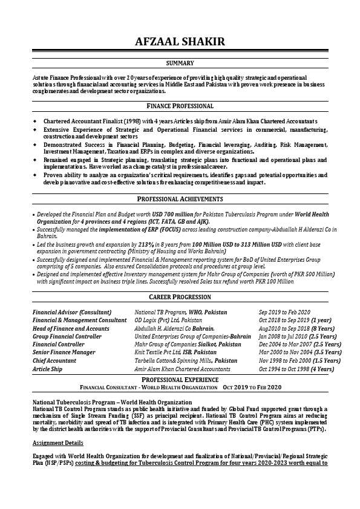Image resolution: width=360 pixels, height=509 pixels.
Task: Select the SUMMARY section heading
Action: point(180,63)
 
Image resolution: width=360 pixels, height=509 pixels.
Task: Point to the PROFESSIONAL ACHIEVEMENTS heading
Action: point(180,199)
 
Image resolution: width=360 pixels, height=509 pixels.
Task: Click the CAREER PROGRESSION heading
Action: point(180,297)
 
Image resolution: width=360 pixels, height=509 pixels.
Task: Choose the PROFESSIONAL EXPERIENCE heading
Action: point(180,378)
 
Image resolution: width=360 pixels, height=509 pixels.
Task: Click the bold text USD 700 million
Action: point(174,215)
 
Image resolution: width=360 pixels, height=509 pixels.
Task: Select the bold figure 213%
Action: point(147,244)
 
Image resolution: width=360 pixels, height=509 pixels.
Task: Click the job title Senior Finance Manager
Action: point(64,352)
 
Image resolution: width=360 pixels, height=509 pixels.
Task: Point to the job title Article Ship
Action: point(47,369)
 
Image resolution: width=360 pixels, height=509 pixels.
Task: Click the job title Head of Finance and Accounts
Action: point(71,328)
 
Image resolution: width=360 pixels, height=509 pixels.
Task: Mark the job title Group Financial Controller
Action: point(67,336)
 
